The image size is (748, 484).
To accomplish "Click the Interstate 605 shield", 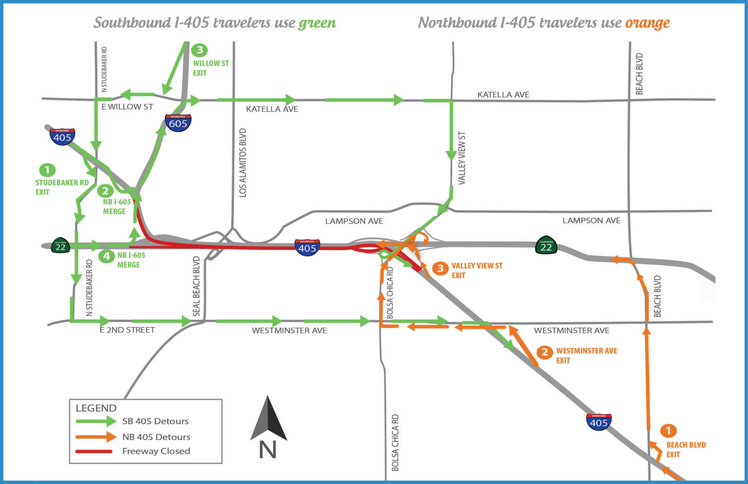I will click(178, 123).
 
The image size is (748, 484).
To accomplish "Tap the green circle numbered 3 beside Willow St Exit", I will click(199, 50).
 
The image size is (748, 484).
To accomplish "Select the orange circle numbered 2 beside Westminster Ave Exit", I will click(544, 351).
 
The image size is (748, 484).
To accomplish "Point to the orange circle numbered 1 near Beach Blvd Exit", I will click(668, 430).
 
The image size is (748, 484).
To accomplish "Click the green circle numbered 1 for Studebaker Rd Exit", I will click(47, 170).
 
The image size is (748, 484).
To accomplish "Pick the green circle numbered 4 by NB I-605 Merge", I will click(106, 255).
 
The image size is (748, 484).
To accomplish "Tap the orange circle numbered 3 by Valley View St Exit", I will click(440, 268).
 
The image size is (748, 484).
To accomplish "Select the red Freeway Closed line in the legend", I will click(94, 451).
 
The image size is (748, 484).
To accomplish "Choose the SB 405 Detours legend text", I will click(155, 421).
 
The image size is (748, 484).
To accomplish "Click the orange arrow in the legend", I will click(95, 437).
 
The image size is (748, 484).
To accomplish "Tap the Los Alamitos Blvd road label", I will click(243, 163).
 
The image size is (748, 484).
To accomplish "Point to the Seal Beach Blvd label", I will click(197, 286).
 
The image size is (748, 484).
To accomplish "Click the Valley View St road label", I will click(462, 158).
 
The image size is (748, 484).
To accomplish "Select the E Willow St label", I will click(127, 107).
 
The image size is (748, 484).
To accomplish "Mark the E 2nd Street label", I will click(127, 330).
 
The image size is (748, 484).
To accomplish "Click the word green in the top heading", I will click(317, 23).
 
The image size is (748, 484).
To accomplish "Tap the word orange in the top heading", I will click(647, 23).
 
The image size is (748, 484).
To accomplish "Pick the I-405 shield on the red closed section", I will click(307, 247).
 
